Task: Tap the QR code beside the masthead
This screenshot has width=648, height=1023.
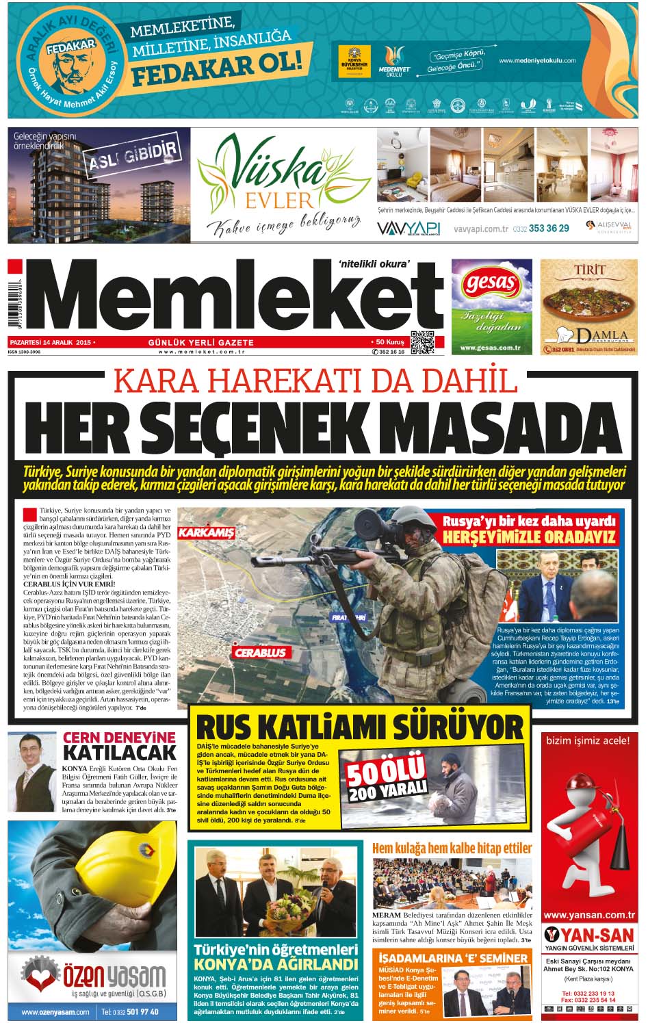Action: pos(422,341)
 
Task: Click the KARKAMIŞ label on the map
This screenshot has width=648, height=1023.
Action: pos(205,532)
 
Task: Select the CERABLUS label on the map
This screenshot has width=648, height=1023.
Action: pos(260,652)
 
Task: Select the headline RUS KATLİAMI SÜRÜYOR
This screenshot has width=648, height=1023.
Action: pos(360,726)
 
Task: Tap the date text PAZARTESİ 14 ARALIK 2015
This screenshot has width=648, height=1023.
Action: pos(51,341)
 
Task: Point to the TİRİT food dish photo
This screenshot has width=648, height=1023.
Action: pos(588,305)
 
